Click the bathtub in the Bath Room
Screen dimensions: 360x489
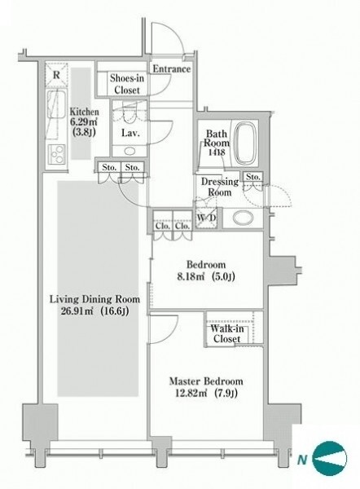(x=245, y=143)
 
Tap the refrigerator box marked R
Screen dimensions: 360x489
(x=56, y=74)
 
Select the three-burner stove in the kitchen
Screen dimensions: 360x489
(x=56, y=154)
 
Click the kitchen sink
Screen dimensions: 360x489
(x=56, y=104)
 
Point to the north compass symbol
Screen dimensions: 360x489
(x=329, y=458)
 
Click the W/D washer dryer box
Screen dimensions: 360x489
(x=206, y=218)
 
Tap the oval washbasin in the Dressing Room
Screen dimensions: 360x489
(x=243, y=218)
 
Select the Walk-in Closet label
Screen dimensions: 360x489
(x=227, y=333)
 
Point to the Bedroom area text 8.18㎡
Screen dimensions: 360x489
(x=191, y=276)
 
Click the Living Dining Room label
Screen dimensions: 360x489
(x=94, y=299)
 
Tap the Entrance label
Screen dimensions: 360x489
(x=171, y=69)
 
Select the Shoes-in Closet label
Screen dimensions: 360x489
(x=127, y=84)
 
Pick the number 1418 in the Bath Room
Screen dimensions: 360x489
(x=217, y=152)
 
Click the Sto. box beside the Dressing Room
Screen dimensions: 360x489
(x=253, y=177)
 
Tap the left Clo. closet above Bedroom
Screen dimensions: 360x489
(x=163, y=226)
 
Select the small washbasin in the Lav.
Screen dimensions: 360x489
(x=130, y=152)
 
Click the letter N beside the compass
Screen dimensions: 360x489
(x=302, y=459)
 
